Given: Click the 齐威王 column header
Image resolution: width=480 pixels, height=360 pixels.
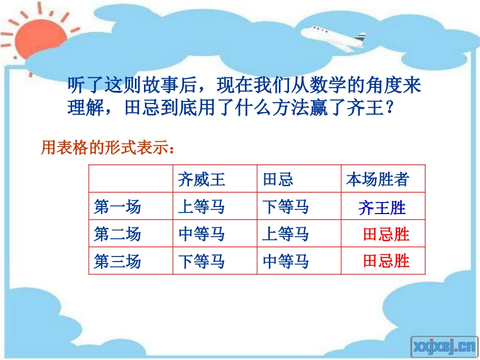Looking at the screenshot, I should (201, 180).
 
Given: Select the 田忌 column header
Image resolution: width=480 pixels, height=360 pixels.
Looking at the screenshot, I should (278, 180).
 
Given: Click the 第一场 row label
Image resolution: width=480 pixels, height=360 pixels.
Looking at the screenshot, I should (117, 207).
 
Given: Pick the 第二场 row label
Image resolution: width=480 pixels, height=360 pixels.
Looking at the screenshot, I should (117, 234).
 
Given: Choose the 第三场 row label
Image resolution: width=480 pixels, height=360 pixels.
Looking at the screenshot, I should (117, 262).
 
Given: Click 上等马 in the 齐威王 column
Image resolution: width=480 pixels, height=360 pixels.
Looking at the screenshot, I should (201, 207).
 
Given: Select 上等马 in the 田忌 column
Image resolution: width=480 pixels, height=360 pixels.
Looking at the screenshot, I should (285, 234).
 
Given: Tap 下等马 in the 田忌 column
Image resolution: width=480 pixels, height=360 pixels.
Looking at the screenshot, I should (285, 207).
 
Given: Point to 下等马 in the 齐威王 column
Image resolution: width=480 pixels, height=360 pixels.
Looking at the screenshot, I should (201, 262).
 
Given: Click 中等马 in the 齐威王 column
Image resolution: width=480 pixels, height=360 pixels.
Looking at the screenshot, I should (201, 234).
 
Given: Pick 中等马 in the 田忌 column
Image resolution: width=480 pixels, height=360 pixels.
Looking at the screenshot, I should (285, 262).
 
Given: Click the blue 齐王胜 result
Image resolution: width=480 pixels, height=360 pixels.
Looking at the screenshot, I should (382, 208).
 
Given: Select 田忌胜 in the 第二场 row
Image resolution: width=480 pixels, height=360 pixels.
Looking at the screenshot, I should (386, 234).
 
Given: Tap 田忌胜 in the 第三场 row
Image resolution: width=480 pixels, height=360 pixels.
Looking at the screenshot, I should (386, 261).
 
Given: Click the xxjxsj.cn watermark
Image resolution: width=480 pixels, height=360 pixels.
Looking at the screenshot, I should (444, 345).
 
